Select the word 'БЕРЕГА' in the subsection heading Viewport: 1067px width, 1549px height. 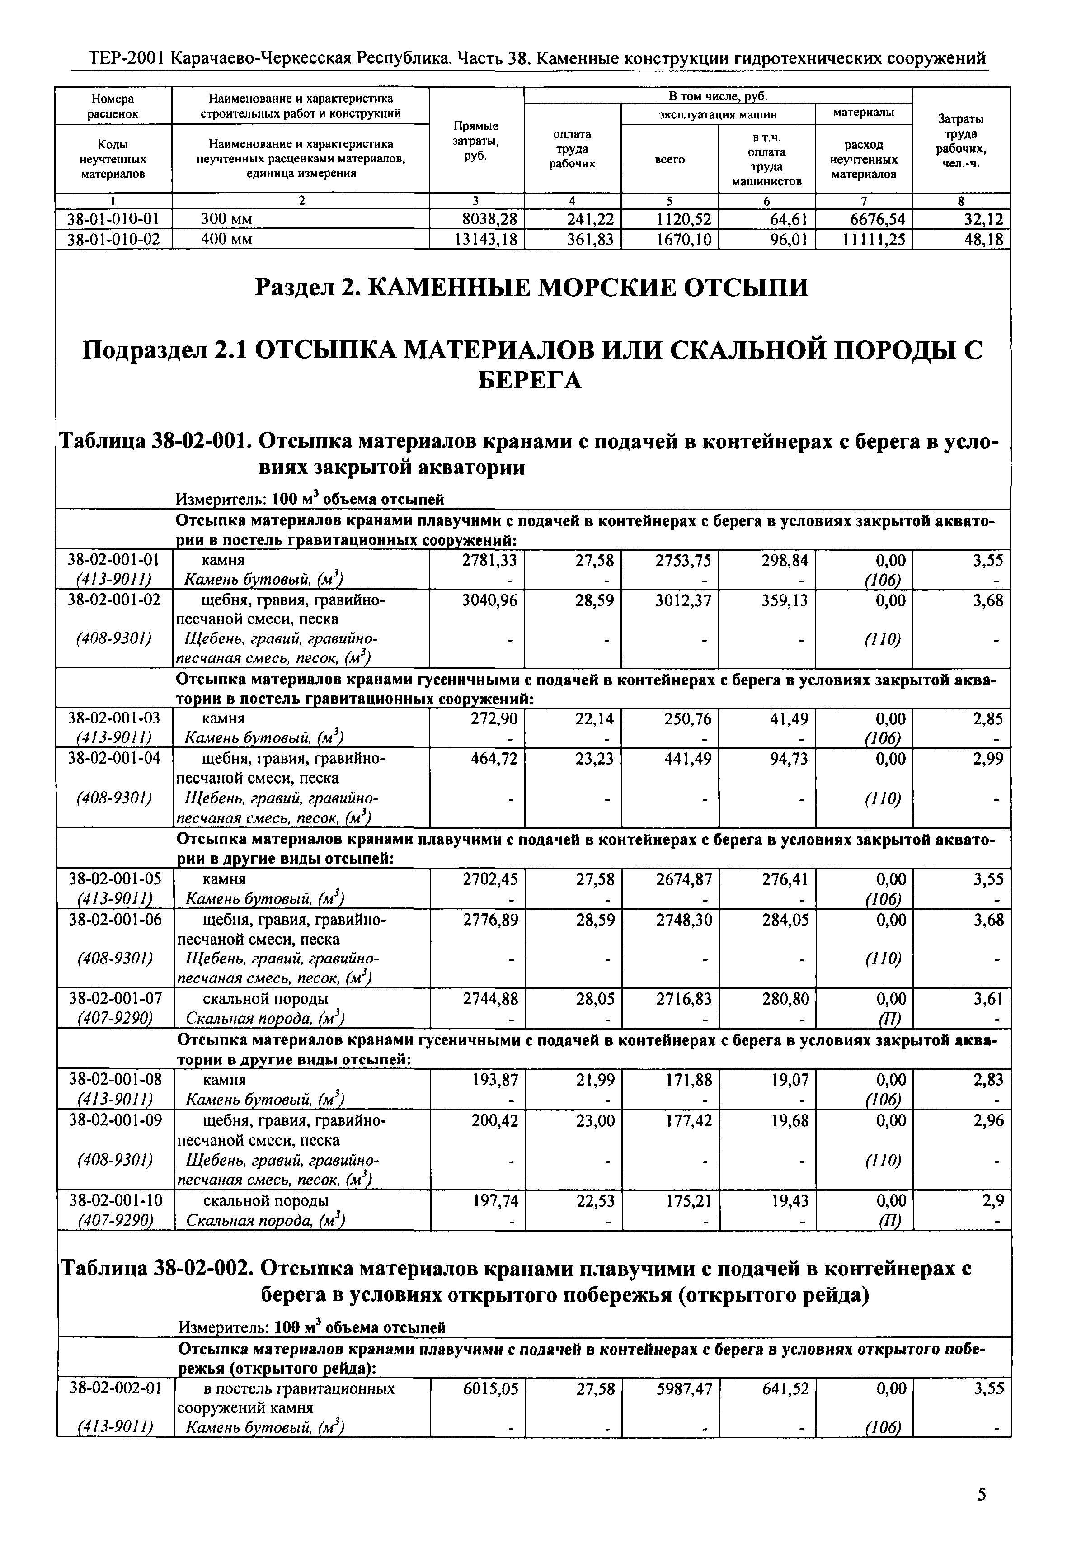click(531, 381)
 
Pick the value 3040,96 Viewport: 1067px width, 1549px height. click(490, 600)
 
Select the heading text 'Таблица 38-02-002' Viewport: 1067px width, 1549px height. click(155, 1268)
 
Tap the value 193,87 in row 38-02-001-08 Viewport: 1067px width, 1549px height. click(495, 1080)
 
